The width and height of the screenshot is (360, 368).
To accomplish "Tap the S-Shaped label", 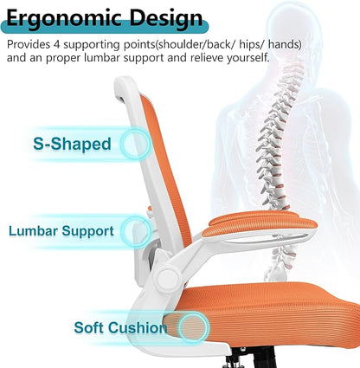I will pyautogui.click(x=72, y=144).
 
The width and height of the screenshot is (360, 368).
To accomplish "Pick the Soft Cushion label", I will pyautogui.click(x=120, y=327).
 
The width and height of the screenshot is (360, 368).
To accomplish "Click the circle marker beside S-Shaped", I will pyautogui.click(x=135, y=143).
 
